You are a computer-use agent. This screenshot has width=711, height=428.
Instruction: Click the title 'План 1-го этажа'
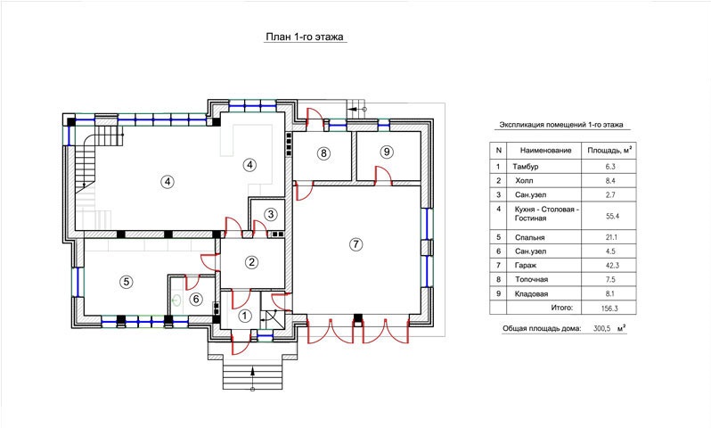point(305,37)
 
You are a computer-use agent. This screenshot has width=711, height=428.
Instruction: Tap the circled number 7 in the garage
point(356,244)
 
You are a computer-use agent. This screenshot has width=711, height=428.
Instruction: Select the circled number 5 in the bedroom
point(126,282)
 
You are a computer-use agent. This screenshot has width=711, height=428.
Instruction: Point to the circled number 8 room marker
point(323,153)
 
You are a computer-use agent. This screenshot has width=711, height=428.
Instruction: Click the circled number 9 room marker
point(387,152)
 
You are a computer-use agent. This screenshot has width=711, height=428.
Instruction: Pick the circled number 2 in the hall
point(251,262)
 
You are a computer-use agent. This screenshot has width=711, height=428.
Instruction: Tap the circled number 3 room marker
point(271,214)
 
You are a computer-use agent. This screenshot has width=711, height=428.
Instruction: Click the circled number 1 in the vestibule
point(245,316)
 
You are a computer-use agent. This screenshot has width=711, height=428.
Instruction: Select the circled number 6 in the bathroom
point(196,299)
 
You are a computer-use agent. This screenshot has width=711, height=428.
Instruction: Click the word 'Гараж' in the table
point(525,265)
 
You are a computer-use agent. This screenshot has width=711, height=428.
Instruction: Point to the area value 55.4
point(612,216)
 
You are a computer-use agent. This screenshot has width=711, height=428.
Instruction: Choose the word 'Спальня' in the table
point(529,237)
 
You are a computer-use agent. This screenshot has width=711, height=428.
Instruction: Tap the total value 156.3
point(609,309)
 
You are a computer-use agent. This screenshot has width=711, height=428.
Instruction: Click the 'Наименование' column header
point(545,150)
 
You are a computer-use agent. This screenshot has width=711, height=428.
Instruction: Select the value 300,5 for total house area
point(602,328)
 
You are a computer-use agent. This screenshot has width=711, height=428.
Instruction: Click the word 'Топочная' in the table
point(531,279)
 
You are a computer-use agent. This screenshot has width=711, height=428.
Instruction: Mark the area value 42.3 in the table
point(612,265)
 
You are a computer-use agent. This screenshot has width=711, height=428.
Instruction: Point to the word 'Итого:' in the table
point(562,308)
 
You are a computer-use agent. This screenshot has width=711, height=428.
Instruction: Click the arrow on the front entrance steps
point(252,377)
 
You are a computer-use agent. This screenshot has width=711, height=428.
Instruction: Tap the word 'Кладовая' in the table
point(531,293)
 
